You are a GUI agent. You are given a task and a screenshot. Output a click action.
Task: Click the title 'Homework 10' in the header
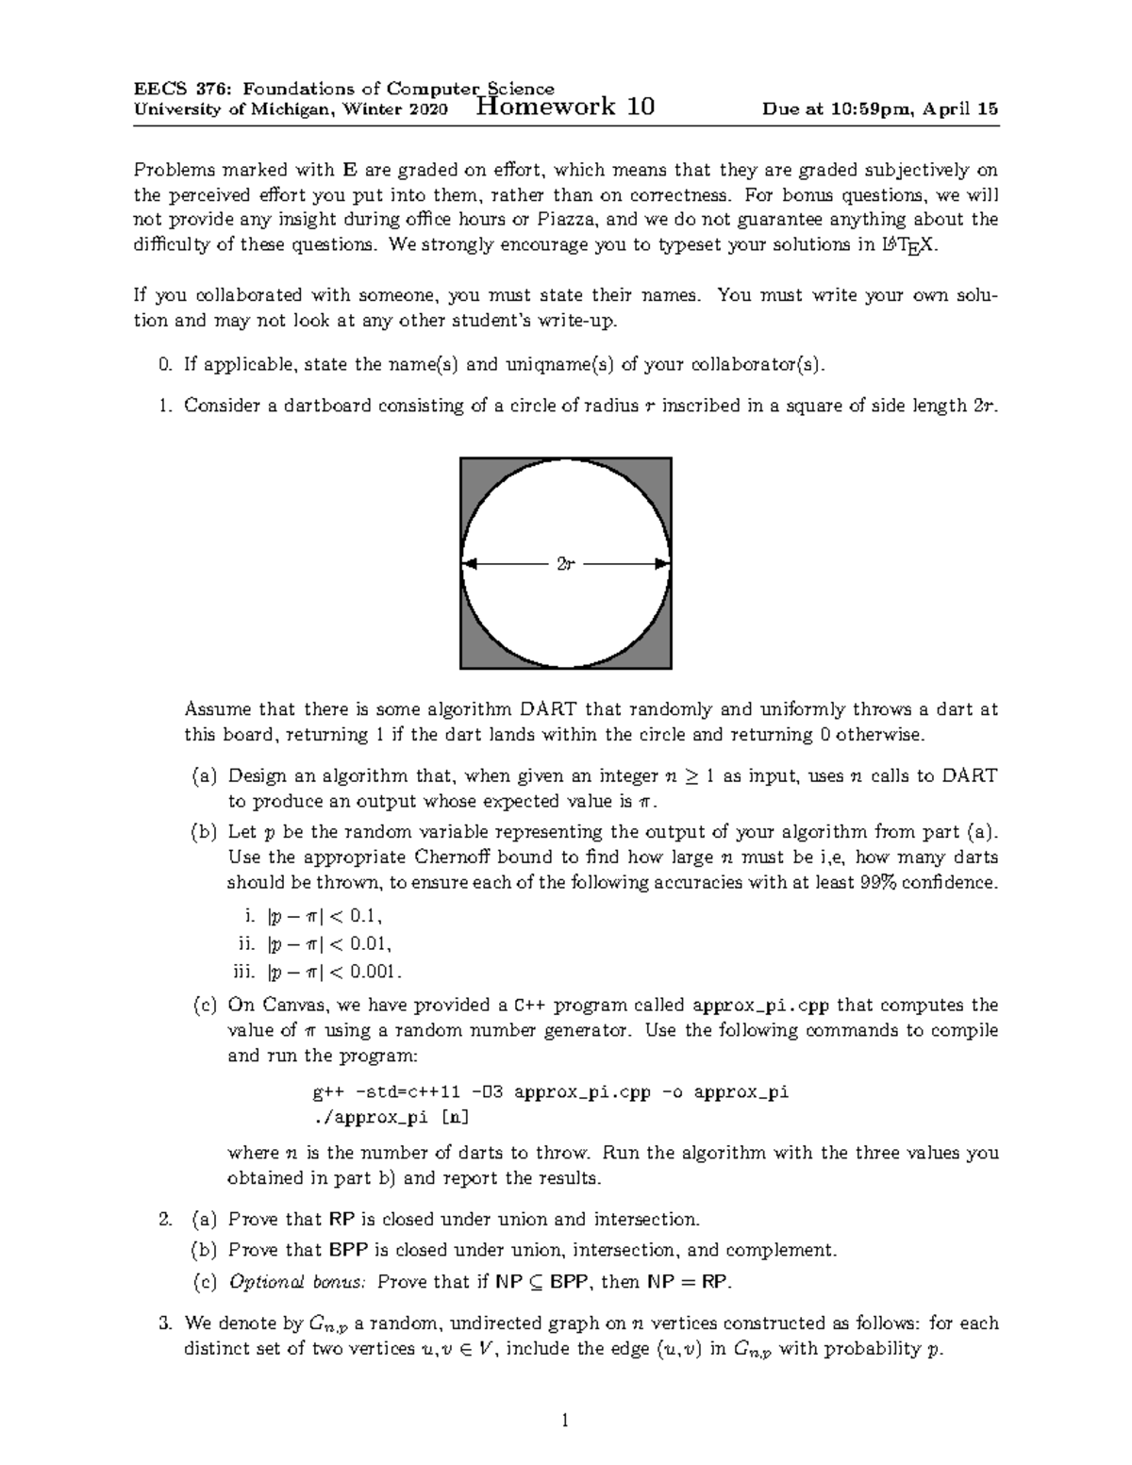566,106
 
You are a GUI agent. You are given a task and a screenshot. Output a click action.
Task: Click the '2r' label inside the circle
565,564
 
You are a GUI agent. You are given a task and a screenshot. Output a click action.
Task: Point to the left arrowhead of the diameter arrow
470,564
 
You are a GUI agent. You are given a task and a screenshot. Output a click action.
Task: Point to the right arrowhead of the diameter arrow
662,564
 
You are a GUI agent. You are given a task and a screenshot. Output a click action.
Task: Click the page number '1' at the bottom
565,1420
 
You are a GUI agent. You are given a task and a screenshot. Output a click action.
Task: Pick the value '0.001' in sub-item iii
375,971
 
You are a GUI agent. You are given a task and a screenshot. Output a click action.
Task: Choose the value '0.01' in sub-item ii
370,943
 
